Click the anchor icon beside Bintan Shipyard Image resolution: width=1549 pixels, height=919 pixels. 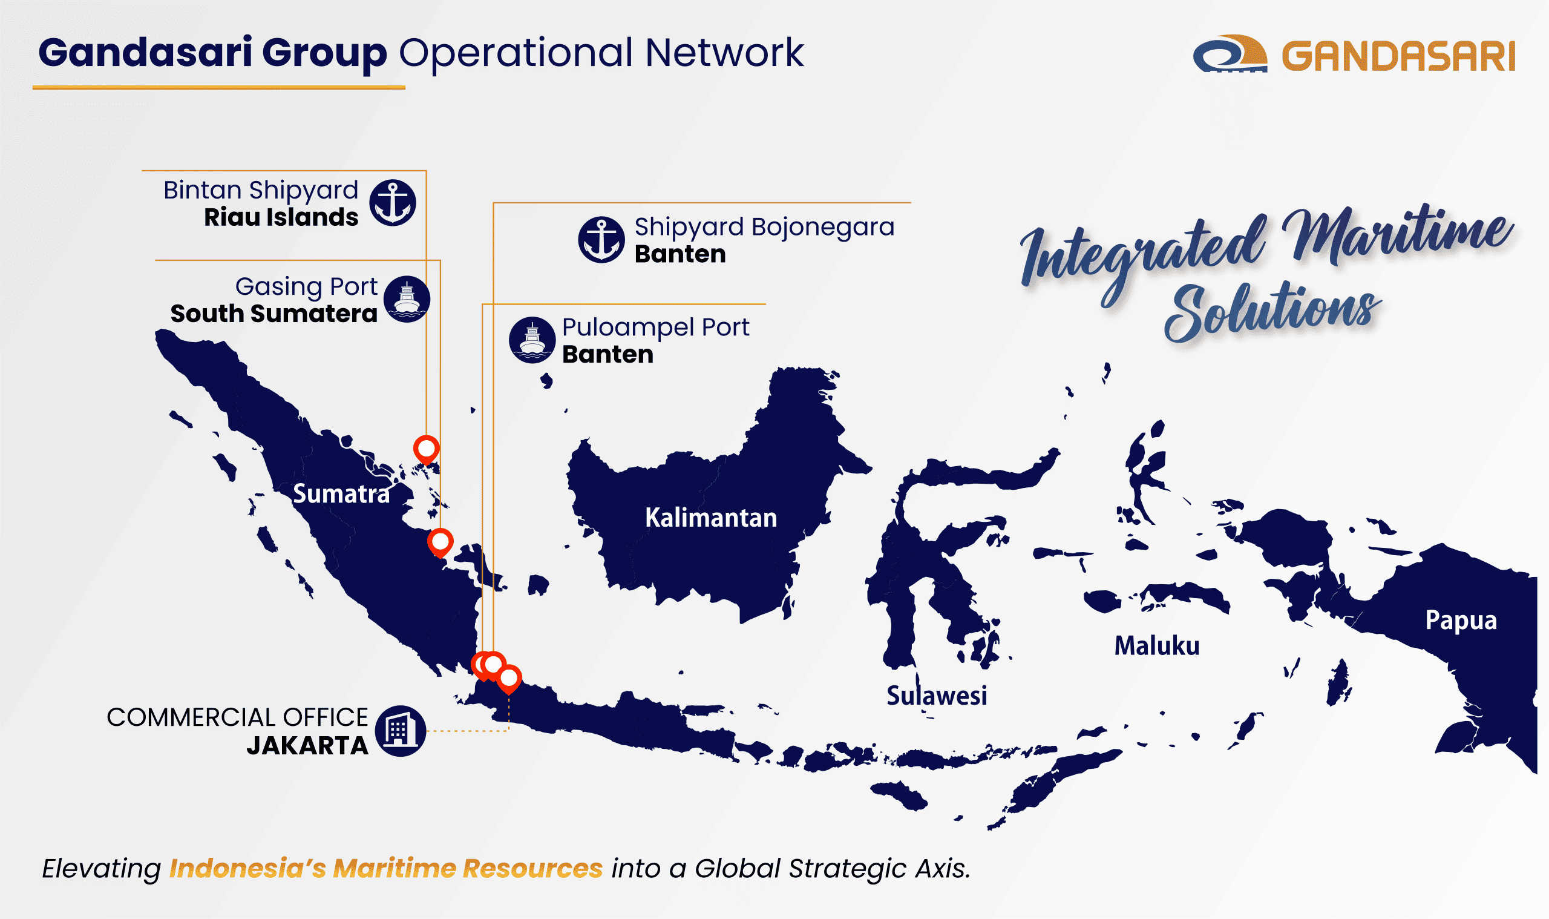click(392, 202)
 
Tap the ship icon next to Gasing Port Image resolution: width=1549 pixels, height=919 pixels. click(407, 298)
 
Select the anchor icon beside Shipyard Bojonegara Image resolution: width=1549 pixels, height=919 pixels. click(601, 240)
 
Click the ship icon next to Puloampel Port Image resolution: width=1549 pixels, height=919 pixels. click(532, 340)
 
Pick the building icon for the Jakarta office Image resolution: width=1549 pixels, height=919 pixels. click(401, 731)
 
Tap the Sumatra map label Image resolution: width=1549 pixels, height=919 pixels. click(341, 494)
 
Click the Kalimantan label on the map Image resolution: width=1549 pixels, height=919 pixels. click(710, 518)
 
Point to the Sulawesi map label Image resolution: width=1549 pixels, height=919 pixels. click(936, 696)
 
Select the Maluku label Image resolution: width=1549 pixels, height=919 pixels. click(1156, 646)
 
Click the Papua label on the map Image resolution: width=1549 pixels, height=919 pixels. click(1461, 620)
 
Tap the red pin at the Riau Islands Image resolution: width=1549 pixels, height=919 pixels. click(427, 448)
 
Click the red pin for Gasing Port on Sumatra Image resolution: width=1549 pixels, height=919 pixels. click(440, 542)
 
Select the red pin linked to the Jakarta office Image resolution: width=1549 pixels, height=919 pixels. click(509, 678)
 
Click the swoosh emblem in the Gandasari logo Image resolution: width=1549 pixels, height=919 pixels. click(1229, 54)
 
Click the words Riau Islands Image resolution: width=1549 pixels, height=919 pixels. click(281, 217)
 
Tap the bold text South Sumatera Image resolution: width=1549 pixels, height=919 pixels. click(273, 314)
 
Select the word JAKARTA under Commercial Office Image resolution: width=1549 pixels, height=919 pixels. click(307, 746)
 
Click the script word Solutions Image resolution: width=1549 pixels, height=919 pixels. click(1272, 313)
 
